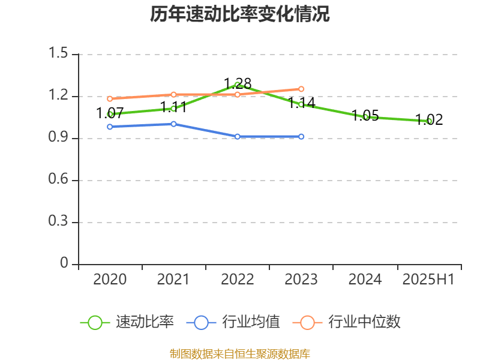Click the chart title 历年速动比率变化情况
[240, 14]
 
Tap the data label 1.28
[238, 83]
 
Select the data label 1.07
[110, 113]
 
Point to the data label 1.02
[429, 119]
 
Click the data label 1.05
[365, 116]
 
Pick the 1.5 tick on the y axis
[59, 54]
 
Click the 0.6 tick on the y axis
[59, 180]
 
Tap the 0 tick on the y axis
[65, 264]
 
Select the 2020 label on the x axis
[110, 279]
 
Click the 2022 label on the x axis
[238, 279]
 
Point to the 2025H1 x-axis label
[428, 279]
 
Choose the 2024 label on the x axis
[365, 279]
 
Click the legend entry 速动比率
[145, 322]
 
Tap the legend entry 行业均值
[251, 322]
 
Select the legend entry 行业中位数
[364, 322]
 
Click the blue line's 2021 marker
[173, 124]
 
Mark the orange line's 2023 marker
[301, 89]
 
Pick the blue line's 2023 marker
[301, 137]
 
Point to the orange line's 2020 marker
[110, 98]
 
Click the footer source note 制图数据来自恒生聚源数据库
[240, 353]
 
